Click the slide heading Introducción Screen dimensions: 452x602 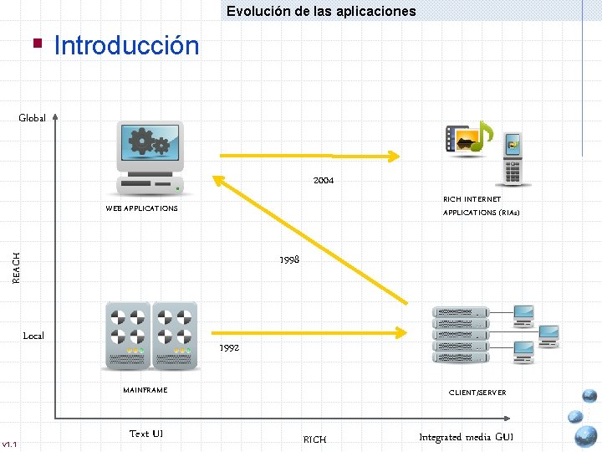(x=126, y=45)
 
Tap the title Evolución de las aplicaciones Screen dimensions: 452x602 (x=320, y=11)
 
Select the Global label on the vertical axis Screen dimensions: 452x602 (x=33, y=118)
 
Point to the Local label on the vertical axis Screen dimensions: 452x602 (x=33, y=336)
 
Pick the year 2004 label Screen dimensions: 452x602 (x=324, y=180)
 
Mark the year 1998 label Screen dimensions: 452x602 (x=289, y=259)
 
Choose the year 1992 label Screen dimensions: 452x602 (x=229, y=347)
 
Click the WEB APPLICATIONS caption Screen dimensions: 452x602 (x=141, y=208)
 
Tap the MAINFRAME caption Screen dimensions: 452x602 (x=145, y=390)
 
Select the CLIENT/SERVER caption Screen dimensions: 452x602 (x=477, y=392)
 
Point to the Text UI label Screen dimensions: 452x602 (x=146, y=434)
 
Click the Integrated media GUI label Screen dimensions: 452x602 (x=467, y=437)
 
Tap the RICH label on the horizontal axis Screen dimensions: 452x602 (x=314, y=439)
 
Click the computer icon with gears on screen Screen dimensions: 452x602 (x=150, y=157)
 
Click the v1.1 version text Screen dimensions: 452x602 (x=10, y=444)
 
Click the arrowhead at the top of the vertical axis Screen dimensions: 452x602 (x=55, y=117)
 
